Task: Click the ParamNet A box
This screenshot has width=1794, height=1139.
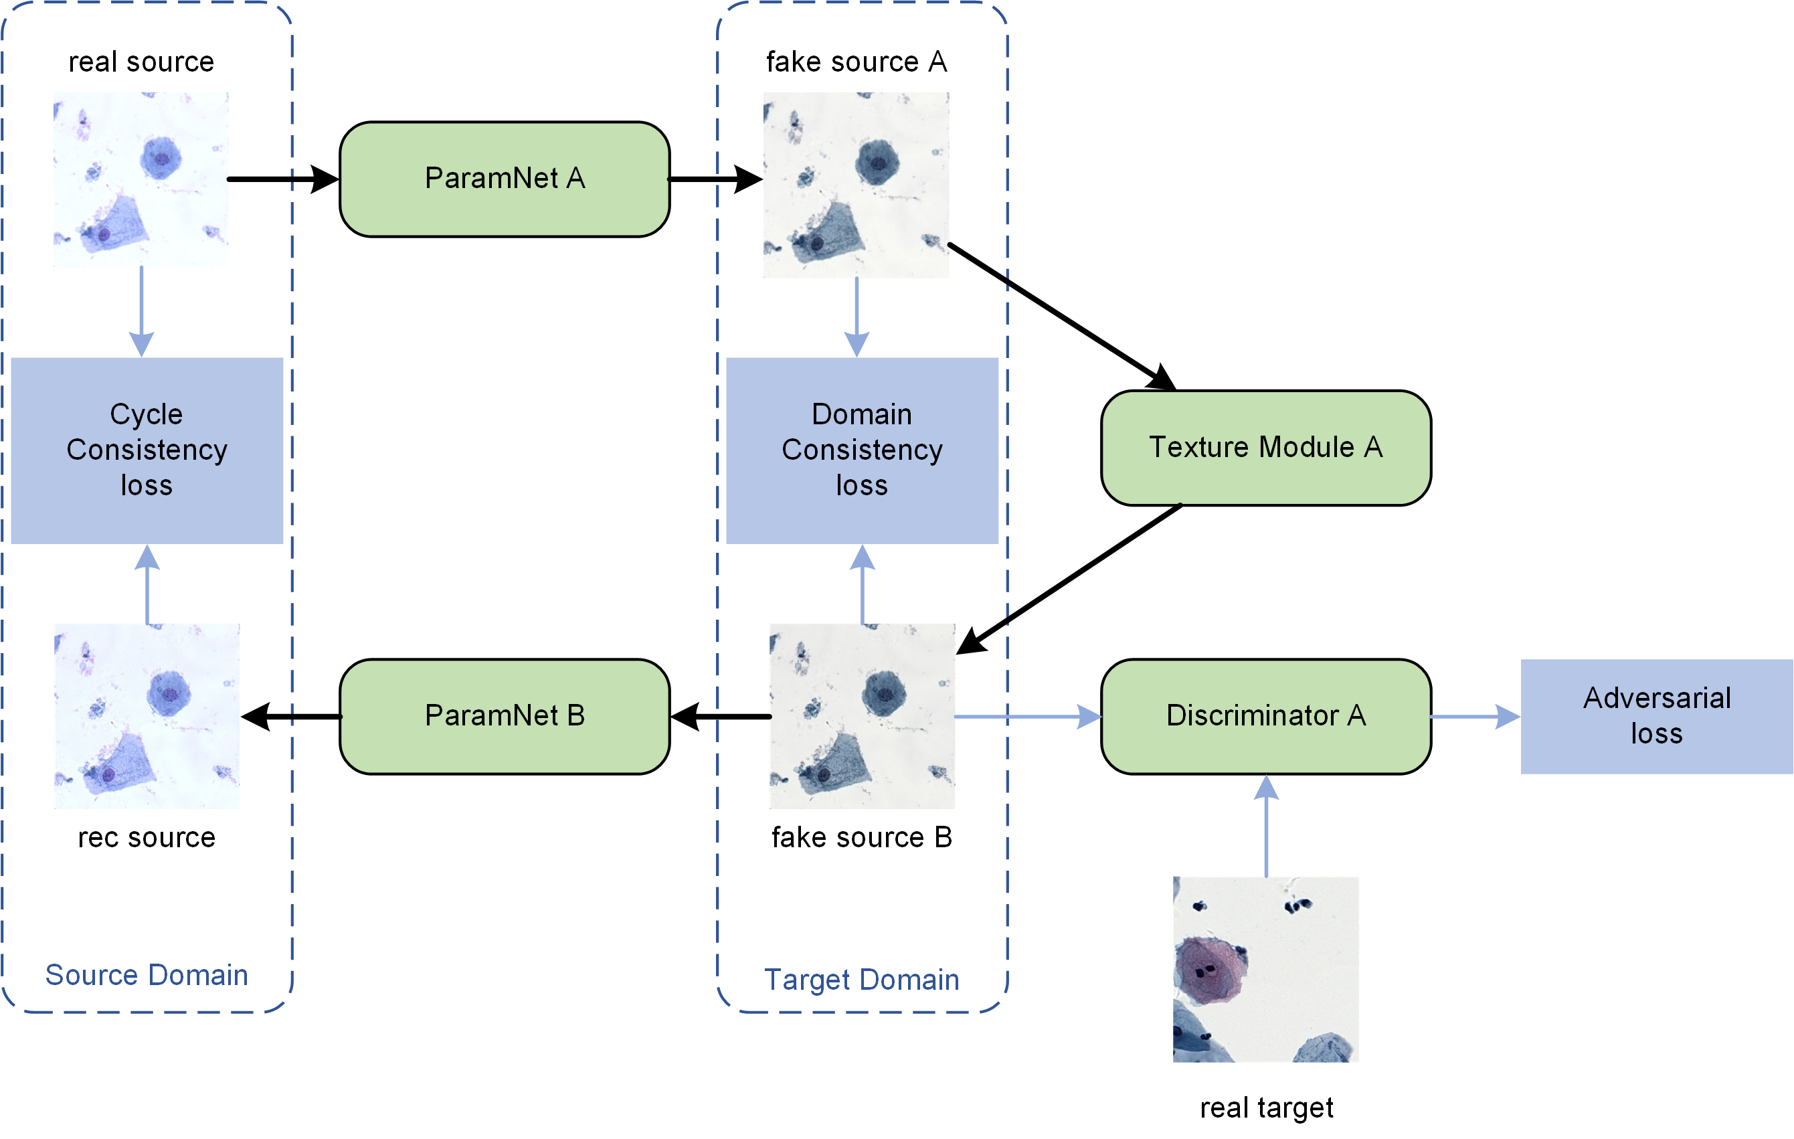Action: (505, 179)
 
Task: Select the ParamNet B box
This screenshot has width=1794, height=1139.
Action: (505, 717)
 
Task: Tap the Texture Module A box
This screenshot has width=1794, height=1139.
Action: (1266, 448)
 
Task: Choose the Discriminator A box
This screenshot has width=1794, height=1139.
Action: (1266, 717)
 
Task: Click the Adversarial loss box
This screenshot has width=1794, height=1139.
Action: (1656, 717)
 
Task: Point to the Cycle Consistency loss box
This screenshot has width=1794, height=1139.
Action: (147, 450)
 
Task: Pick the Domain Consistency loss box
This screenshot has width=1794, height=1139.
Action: (862, 450)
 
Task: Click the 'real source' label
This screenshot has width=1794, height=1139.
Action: (142, 62)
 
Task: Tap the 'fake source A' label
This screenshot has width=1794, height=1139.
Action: (857, 62)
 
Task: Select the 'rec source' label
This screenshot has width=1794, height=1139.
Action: (147, 838)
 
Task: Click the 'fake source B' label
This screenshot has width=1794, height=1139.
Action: (862, 838)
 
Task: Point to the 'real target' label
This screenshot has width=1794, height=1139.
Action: (1267, 1108)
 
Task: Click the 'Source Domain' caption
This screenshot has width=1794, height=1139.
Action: (147, 975)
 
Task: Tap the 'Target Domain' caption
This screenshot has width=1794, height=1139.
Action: (862, 980)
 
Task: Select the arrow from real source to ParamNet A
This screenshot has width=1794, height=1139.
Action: (283, 179)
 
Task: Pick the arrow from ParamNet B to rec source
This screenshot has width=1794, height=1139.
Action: (290, 717)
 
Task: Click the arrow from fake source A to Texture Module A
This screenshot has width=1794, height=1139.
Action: (1062, 317)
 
